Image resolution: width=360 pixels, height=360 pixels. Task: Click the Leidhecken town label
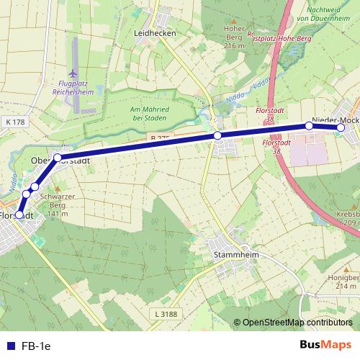155,33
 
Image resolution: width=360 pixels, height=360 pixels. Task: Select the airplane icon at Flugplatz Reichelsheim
71,73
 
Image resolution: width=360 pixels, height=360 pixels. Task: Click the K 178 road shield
14,122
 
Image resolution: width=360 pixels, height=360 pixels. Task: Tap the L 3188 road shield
166,314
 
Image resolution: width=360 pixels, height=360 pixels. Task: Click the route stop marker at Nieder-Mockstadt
341,128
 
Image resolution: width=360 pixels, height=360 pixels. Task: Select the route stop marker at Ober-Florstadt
58,157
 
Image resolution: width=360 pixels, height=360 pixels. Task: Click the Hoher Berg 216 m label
235,38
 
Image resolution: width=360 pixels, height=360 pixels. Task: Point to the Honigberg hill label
346,281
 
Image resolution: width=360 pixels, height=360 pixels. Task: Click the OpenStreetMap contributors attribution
294,322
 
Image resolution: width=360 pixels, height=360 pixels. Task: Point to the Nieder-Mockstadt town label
335,119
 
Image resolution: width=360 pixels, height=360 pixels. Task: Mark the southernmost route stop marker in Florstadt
19,214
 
